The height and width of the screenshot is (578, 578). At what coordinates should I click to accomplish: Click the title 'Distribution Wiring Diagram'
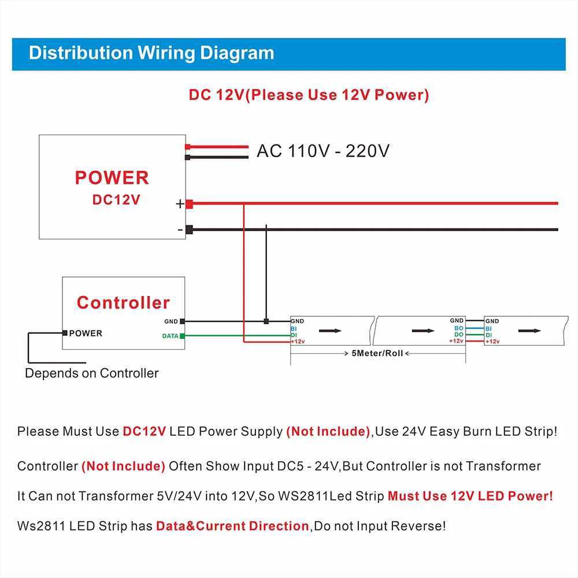coord(151,53)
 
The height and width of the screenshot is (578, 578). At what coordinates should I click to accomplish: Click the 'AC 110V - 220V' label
coord(323,151)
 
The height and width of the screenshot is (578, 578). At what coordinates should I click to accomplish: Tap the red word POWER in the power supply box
coord(112,177)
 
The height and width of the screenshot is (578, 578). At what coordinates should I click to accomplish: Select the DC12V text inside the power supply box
coord(116,199)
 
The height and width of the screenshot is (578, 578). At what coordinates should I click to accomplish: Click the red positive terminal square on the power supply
coord(189,203)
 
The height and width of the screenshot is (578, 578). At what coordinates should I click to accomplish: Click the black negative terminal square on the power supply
coord(189,229)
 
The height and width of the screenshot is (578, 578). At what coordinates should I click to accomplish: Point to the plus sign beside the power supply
coord(180,203)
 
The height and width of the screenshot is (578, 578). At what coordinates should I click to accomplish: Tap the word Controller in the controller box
coord(123,302)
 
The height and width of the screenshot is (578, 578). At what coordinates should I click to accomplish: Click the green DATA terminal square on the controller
coord(183,336)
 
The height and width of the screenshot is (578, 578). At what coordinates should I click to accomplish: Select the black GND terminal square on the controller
coord(183,321)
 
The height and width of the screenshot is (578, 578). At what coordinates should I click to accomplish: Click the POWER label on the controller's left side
coord(86,333)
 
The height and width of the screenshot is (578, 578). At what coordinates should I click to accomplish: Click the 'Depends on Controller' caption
coord(91,373)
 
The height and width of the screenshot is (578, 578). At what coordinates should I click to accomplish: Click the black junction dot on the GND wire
coord(266,321)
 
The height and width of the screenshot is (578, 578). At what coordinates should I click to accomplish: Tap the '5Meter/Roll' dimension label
coord(377,353)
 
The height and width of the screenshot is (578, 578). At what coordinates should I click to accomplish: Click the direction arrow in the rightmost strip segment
coord(529,331)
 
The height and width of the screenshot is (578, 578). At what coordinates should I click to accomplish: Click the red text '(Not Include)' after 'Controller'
coord(123,466)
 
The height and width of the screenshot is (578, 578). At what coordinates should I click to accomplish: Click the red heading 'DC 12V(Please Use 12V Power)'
coord(309,95)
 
